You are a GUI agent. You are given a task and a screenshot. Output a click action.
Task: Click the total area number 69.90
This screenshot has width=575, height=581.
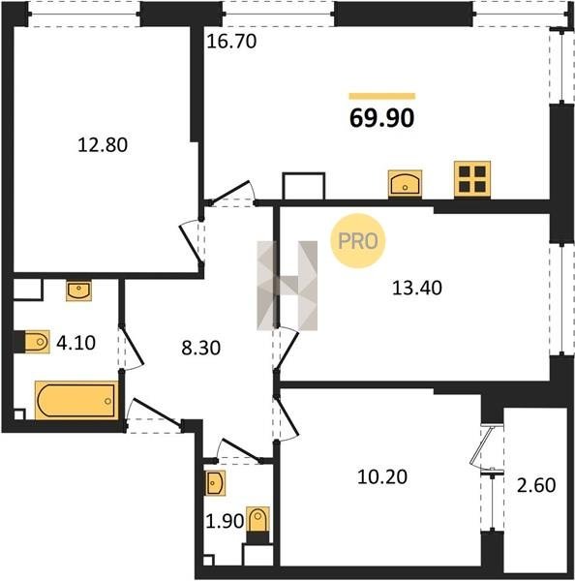point(382,118)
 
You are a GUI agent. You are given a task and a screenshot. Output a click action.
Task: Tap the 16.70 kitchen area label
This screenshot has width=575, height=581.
point(231,41)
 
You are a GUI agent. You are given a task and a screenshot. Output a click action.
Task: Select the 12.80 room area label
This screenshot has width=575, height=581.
point(103,144)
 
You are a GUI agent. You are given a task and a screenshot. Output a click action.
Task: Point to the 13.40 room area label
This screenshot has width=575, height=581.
point(417,288)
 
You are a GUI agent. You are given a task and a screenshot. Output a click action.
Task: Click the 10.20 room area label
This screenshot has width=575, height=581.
point(382,476)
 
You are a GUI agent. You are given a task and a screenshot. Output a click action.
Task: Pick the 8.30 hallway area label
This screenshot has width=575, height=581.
point(200,348)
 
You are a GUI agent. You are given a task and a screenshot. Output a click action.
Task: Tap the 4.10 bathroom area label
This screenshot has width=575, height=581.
point(76,343)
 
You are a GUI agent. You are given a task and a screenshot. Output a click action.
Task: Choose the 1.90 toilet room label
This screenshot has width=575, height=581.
point(225,521)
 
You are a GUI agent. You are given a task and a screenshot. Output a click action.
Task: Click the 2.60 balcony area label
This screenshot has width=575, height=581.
point(536,485)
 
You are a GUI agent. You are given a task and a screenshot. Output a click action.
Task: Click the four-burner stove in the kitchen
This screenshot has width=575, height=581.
point(472,179)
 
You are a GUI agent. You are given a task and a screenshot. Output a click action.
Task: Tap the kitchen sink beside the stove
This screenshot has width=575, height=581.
point(405,183)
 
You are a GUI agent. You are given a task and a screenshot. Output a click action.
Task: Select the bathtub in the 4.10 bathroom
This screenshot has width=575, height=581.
point(76,401)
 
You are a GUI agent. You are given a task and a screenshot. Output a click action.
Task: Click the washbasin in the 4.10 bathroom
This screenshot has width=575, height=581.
point(78,290)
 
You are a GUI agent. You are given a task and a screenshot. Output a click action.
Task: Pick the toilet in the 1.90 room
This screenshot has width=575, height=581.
point(257,525)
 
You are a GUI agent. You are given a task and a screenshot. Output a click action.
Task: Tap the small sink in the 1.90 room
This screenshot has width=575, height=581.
point(215,483)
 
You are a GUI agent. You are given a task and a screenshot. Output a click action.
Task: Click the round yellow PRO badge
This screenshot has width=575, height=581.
point(358,241)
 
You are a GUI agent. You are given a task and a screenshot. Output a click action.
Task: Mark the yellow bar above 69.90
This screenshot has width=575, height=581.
point(382,96)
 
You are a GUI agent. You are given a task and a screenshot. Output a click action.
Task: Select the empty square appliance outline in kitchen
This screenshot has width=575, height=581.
point(303,186)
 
